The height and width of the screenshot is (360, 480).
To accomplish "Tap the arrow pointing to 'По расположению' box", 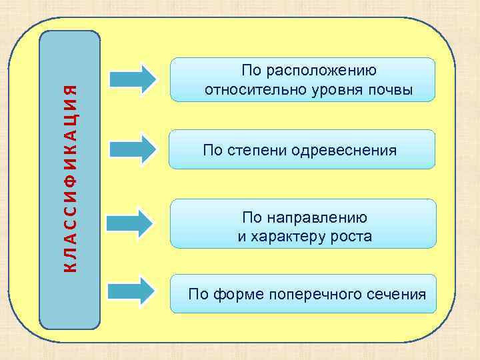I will pyautogui.click(x=133, y=78).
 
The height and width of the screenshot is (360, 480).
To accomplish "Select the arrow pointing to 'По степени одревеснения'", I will pyautogui.click(x=133, y=149).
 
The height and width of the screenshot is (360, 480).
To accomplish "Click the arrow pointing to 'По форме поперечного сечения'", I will pyautogui.click(x=133, y=291).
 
